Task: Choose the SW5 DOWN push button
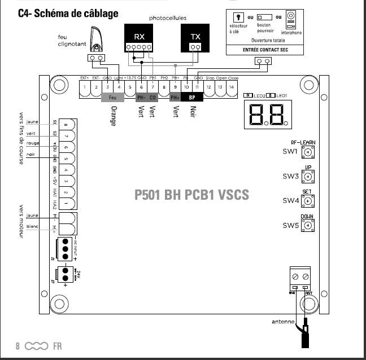click(307, 226)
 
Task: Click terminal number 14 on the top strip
click(231, 87)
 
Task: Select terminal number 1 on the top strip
click(85, 87)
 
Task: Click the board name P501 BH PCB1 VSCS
click(192, 195)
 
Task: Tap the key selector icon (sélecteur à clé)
click(237, 16)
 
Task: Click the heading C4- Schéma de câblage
click(68, 12)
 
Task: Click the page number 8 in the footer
click(18, 345)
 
